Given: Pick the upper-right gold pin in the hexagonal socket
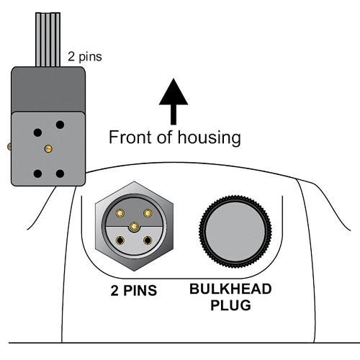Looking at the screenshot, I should (148, 212).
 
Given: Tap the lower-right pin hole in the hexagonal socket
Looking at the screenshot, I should (148, 241).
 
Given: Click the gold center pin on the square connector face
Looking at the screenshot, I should (48, 148).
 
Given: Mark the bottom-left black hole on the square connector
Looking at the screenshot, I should (35, 174).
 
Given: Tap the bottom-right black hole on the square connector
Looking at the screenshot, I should (60, 174).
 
